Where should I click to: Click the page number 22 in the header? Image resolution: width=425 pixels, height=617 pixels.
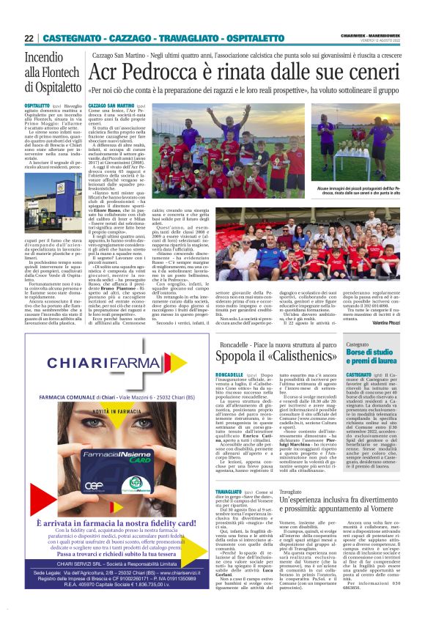coord(29,38)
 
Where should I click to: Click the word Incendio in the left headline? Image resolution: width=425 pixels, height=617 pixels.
coord(43,58)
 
